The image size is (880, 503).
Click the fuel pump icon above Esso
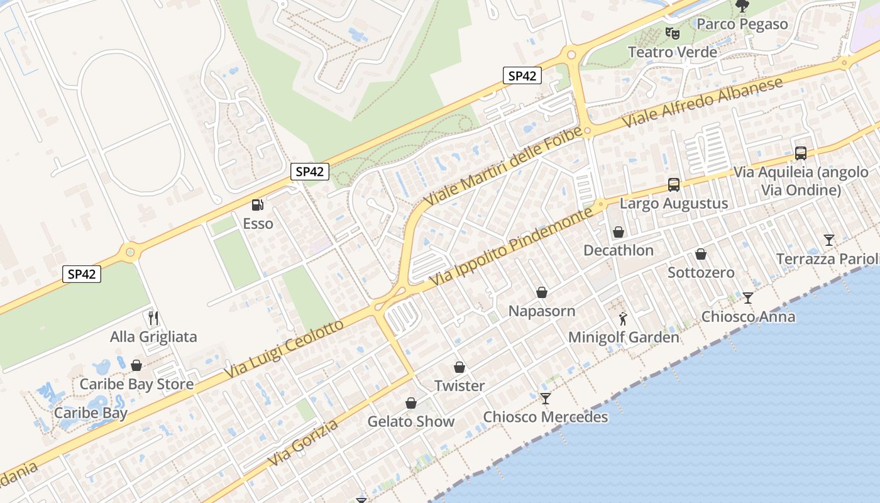click(x=257, y=204)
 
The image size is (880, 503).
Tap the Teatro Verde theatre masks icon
click(x=672, y=33)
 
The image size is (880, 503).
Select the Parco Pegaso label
click(x=742, y=24)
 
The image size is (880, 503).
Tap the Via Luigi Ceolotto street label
click(x=285, y=350)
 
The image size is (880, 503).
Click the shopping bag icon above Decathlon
click(x=619, y=232)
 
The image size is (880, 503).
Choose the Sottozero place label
click(x=701, y=272)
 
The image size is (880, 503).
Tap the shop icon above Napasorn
click(x=542, y=292)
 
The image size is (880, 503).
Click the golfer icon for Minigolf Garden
click(x=623, y=319)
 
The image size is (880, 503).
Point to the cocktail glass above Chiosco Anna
click(x=747, y=297)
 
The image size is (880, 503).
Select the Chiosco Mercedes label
click(x=546, y=417)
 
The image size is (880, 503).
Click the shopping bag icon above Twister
click(x=459, y=367)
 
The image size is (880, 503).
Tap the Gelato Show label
click(x=411, y=421)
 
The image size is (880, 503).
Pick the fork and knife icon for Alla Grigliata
click(x=152, y=318)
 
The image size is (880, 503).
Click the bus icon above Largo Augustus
click(x=674, y=185)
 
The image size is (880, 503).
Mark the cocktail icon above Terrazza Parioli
click(x=829, y=240)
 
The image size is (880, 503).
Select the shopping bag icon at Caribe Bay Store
click(x=136, y=365)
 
